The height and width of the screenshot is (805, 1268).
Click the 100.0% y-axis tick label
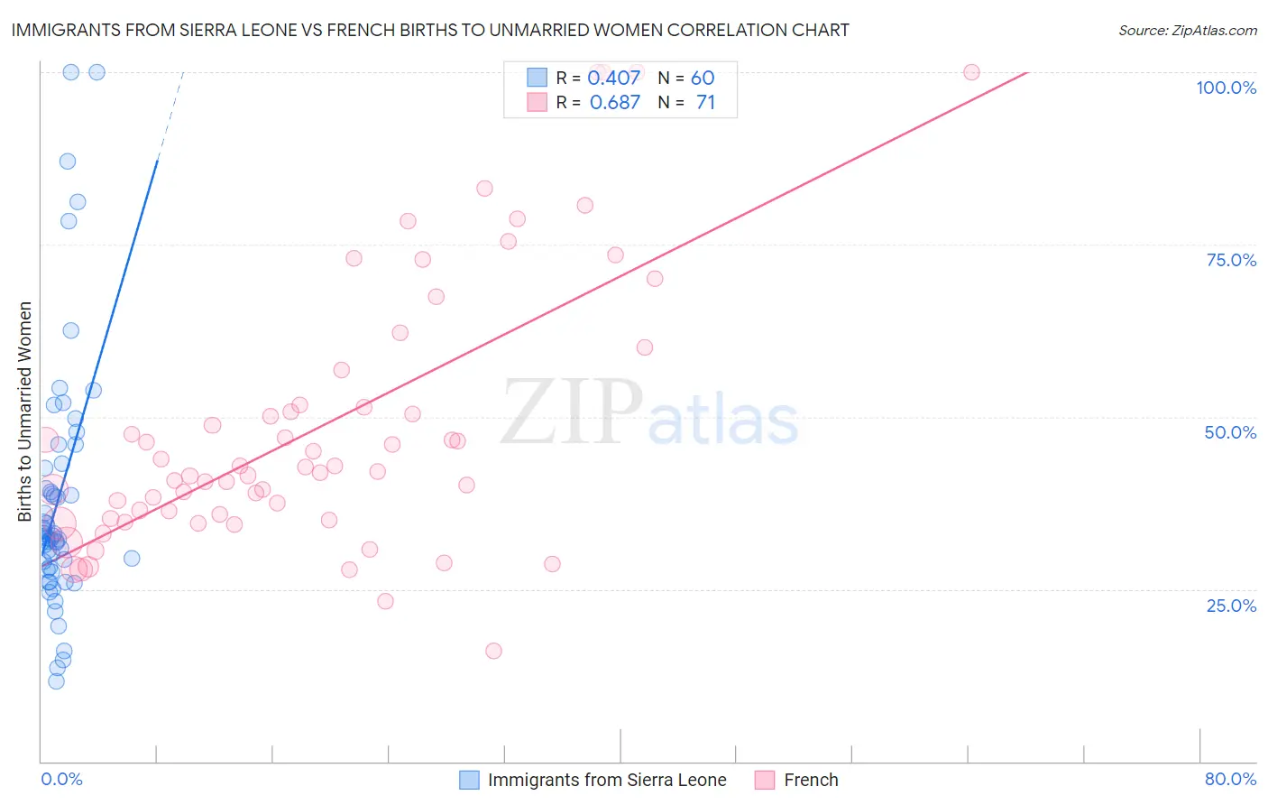1226,88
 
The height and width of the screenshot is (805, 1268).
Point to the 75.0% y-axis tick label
1231,260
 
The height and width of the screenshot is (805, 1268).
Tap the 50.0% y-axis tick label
1230,432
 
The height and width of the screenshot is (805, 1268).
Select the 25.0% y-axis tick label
1231,606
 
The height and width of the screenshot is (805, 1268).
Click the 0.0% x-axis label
61,779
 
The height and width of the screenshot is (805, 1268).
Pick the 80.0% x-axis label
1230,779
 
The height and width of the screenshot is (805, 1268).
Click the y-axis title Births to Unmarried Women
25,412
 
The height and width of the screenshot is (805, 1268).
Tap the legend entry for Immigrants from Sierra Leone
607,780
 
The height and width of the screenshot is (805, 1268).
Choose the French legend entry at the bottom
811,780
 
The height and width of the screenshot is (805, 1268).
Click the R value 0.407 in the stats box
613,78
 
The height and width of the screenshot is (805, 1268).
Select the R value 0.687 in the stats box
614,103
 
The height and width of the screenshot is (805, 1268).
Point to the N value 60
703,78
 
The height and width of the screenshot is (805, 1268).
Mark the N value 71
705,103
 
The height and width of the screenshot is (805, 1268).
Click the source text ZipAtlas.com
1187,30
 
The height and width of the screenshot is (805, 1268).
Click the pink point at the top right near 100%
971,72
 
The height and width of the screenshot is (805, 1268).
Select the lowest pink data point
493,651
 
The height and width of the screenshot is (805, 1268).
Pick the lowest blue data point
56,681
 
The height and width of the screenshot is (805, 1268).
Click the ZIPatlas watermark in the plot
649,412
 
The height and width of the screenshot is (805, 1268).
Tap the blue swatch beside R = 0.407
538,78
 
